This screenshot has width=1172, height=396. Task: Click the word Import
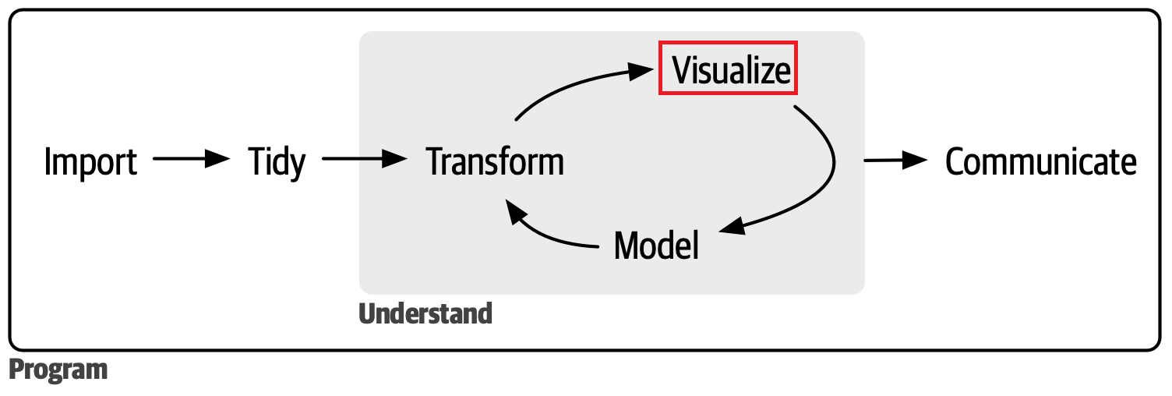pyautogui.click(x=90, y=162)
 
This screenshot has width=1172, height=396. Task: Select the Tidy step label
pyautogui.click(x=277, y=162)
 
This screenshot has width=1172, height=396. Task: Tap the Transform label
pyautogui.click(x=496, y=162)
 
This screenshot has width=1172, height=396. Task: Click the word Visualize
pyautogui.click(x=731, y=71)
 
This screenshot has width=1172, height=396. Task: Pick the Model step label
pyautogui.click(x=656, y=246)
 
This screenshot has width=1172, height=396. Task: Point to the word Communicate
pyautogui.click(x=1040, y=162)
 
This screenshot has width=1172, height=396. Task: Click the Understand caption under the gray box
pyautogui.click(x=425, y=313)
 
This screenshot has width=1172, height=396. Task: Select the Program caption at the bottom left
pyautogui.click(x=58, y=369)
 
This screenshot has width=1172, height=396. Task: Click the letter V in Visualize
pyautogui.click(x=683, y=71)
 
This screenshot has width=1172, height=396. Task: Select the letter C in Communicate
pyautogui.click(x=958, y=162)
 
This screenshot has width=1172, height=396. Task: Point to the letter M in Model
pyautogui.click(x=627, y=246)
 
